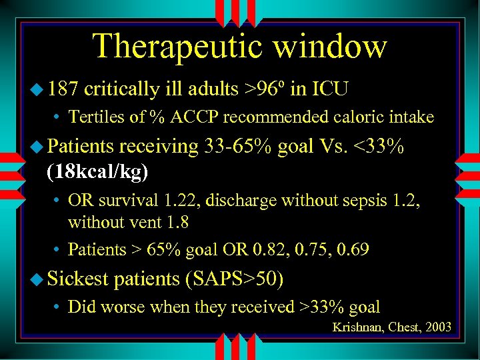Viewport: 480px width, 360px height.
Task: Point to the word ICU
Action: point(331,89)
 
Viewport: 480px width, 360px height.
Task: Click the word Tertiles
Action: point(93,117)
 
